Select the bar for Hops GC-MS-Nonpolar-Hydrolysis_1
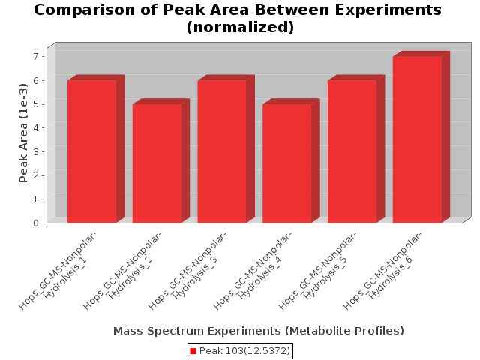pyautogui.click(x=91, y=151)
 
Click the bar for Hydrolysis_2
pyautogui.click(x=157, y=163)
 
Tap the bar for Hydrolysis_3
pyautogui.click(x=222, y=151)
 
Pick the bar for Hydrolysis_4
pyautogui.click(x=287, y=163)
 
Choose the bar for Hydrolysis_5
pyautogui.click(x=352, y=151)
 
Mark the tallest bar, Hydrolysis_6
pyautogui.click(x=417, y=139)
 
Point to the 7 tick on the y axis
pyautogui.click(x=37, y=56)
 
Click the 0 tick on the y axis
pyautogui.click(x=37, y=223)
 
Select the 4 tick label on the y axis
pyautogui.click(x=37, y=127)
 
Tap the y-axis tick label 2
pyautogui.click(x=37, y=175)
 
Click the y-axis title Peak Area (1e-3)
pyautogui.click(x=23, y=133)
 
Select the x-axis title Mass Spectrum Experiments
pyautogui.click(x=196, y=331)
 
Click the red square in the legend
pyautogui.click(x=193, y=351)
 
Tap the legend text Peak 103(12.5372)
pyautogui.click(x=244, y=351)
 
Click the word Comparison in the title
pyautogui.click(x=85, y=10)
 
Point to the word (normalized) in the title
pyautogui.click(x=240, y=27)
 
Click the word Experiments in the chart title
pyautogui.click(x=388, y=10)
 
